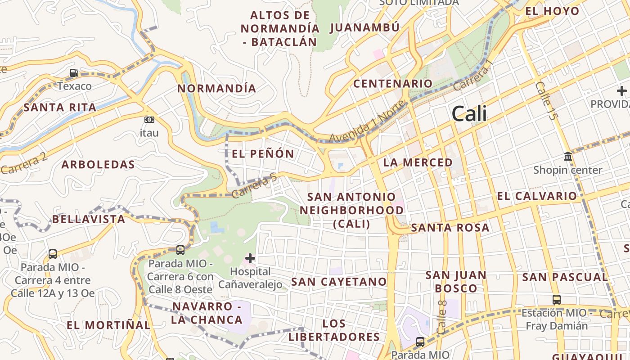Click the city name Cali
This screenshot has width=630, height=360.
(469, 113)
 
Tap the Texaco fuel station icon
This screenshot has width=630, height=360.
(74, 72)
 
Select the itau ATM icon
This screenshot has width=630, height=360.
(149, 120)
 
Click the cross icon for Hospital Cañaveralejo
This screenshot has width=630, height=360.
(250, 258)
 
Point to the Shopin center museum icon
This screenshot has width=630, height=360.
(568, 157)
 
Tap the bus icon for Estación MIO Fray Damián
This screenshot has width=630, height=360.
(557, 299)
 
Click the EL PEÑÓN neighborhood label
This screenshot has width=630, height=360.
(263, 154)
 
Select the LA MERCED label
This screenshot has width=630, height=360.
(418, 162)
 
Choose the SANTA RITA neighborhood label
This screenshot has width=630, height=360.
(60, 108)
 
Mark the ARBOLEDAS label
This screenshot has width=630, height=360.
(98, 165)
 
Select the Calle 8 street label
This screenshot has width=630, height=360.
(442, 317)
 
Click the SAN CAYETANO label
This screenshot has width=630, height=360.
(339, 282)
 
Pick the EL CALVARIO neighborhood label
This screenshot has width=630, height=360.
(536, 196)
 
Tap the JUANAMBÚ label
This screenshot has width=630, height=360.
(364, 28)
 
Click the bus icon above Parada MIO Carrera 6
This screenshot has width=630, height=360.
(180, 250)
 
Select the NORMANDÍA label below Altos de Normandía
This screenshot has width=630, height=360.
(216, 89)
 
